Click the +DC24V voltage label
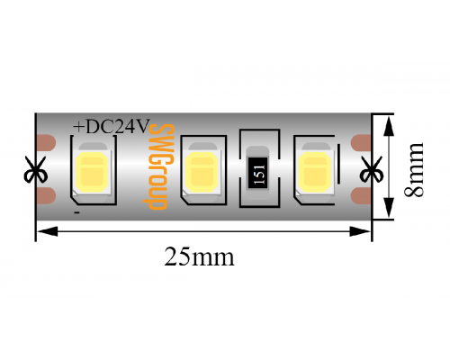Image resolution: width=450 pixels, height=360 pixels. coord(112,126)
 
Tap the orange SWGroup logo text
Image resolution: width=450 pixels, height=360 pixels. coord(158,166)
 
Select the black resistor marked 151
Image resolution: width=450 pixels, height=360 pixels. coord(257,173)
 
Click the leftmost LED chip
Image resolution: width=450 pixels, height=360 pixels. coord(93,171)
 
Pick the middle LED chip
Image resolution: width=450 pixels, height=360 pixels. coord(202,171)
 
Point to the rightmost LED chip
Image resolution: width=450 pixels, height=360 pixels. coord(315,171)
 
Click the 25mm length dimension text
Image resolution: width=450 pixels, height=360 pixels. coord(199,256)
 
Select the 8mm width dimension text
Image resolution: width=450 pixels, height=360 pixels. coord(414,169)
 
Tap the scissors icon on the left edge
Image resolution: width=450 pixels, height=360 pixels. coord(36,169)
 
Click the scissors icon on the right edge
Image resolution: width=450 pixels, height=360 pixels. coord(372,169)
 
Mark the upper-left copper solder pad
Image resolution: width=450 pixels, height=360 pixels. coord(46,142)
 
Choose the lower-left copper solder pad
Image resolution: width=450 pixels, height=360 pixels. coord(46,196)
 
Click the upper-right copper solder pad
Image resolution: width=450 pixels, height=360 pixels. coord(361,143)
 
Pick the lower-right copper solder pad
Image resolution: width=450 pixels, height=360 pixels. coord(361,196)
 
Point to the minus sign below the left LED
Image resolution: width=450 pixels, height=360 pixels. coord(77,212)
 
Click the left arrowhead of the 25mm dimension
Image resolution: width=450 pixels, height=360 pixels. coord(47,231)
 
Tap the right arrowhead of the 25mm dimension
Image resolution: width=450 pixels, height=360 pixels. coord(360,231)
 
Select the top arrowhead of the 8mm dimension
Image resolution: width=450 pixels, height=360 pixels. coord(389,126)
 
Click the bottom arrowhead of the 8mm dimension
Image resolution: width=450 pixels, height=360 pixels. coord(389,207)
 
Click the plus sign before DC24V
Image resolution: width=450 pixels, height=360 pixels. coord(79,127)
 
